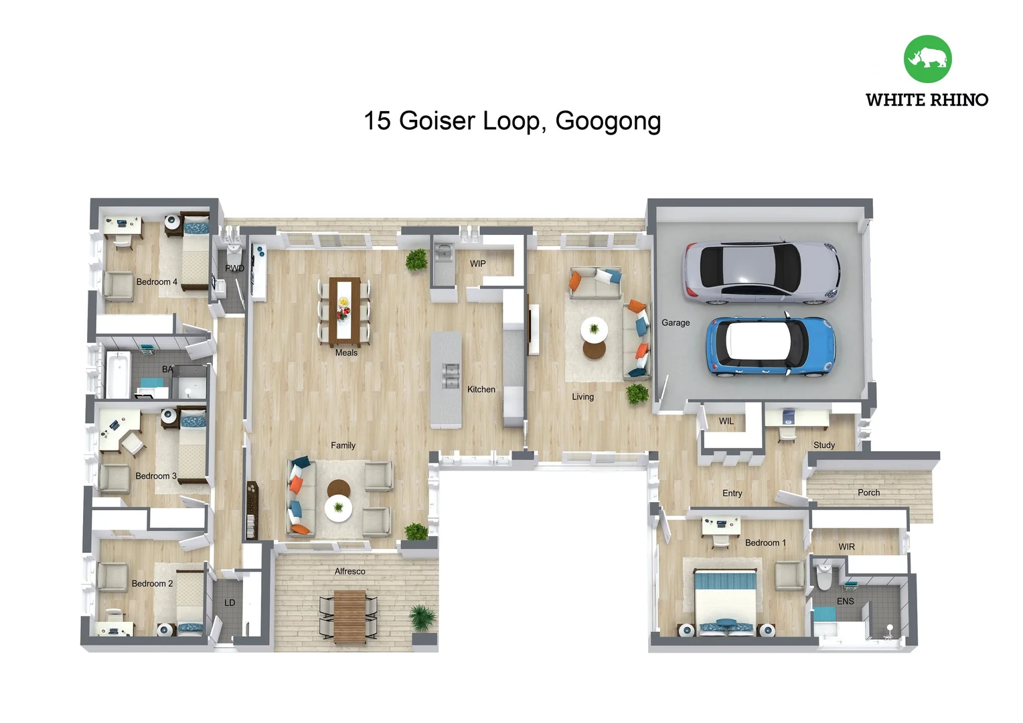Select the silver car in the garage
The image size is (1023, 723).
[x=761, y=272]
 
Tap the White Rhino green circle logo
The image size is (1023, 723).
[x=927, y=59]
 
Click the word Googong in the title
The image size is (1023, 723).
[x=608, y=122]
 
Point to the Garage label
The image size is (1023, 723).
[x=675, y=323]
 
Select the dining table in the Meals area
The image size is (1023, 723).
[x=344, y=308]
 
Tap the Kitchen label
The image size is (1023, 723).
[x=481, y=390]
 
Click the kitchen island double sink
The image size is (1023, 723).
[x=451, y=376]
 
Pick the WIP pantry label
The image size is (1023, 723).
[x=477, y=264]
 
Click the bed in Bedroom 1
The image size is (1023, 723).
[x=726, y=599]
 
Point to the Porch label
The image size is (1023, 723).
[x=868, y=493]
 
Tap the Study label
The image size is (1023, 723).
[x=823, y=445]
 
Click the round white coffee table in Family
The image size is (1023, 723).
[x=338, y=508]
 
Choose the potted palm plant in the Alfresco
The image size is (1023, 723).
[x=422, y=617]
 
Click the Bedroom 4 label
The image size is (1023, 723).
[x=157, y=282]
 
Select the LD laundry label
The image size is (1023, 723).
[x=230, y=603]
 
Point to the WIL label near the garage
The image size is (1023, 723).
[x=726, y=422]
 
